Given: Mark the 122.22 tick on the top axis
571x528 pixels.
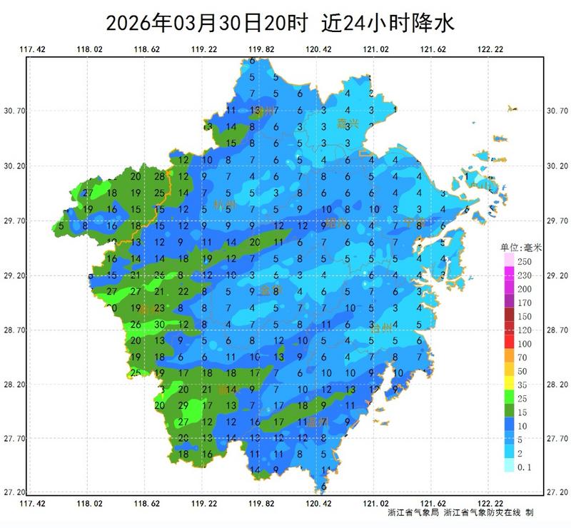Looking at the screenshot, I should [490, 49].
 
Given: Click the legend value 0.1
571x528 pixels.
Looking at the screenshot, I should [525, 467].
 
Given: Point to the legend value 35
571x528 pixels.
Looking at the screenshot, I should [525, 385].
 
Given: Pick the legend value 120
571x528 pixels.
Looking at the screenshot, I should [525, 330].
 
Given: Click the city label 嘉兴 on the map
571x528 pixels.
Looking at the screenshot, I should [348, 123].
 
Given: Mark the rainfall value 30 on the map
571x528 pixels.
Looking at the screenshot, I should [160, 325].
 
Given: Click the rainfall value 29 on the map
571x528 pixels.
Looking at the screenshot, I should [183, 406].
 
